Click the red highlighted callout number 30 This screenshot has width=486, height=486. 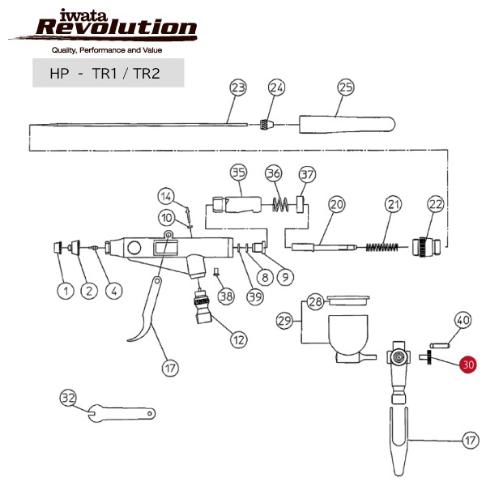(x=467, y=365)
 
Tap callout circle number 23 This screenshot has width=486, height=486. (x=237, y=87)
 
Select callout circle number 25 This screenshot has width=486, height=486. (x=346, y=87)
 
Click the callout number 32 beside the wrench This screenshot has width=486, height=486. (x=68, y=398)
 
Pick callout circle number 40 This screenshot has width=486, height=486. (x=462, y=320)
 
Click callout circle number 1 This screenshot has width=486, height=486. (x=62, y=288)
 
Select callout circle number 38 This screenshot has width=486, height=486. (x=225, y=296)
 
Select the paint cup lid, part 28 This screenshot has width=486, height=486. (x=344, y=301)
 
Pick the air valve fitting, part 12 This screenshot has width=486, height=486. (x=200, y=309)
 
